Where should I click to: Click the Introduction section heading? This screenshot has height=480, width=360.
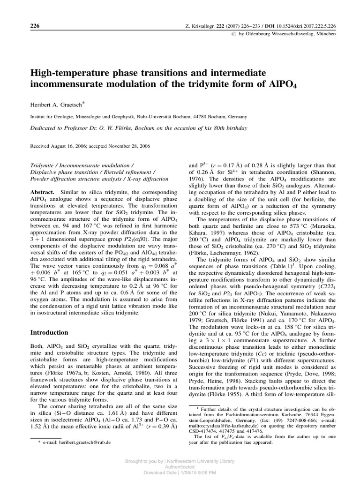pos(49,332)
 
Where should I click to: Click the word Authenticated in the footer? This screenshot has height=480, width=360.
pos(180,467)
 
